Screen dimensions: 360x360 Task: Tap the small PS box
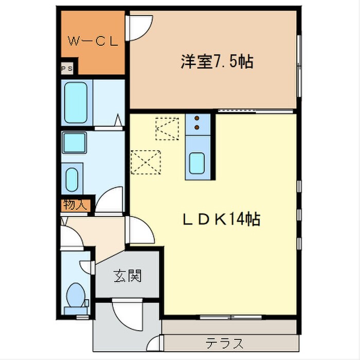pyautogui.click(x=66, y=67)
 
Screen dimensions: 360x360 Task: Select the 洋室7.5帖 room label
pyautogui.click(x=216, y=62)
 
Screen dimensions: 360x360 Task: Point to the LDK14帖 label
pyautogui.click(x=221, y=220)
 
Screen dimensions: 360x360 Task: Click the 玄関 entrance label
pyautogui.click(x=127, y=277)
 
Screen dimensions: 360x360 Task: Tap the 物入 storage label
pyautogui.click(x=75, y=204)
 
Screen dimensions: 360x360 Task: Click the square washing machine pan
pyautogui.click(x=74, y=141)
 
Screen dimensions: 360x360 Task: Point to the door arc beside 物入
pyautogui.click(x=110, y=201)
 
